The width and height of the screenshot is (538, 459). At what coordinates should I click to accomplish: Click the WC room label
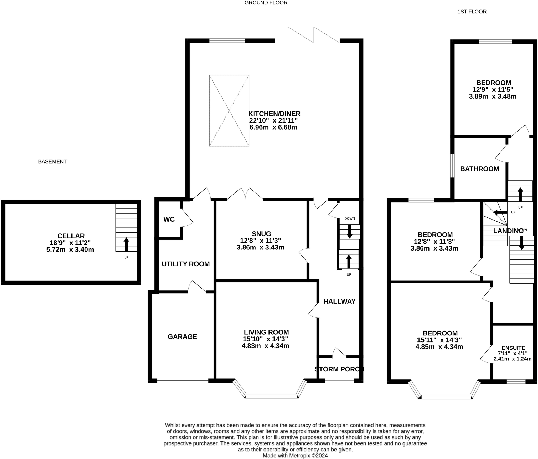pyautogui.click(x=169, y=219)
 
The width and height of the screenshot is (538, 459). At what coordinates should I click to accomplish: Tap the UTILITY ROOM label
pyautogui.click(x=186, y=264)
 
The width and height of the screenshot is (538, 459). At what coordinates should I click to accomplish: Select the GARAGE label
pyautogui.click(x=182, y=337)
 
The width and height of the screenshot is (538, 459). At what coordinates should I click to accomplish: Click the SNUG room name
pyautogui.click(x=261, y=234)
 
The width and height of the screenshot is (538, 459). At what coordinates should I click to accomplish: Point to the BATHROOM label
pyautogui.click(x=480, y=169)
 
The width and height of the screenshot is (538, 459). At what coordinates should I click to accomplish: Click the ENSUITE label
pyautogui.click(x=513, y=348)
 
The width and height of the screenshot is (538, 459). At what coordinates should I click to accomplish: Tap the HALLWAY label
pyautogui.click(x=339, y=301)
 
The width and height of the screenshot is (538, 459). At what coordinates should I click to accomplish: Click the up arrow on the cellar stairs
pyautogui.click(x=126, y=244)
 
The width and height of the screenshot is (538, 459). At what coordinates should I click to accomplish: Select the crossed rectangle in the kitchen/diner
pyautogui.click(x=229, y=110)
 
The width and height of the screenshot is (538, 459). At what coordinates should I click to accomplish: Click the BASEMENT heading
pyautogui.click(x=53, y=161)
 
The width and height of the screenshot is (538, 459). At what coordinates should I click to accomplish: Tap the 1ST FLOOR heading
pyautogui.click(x=472, y=12)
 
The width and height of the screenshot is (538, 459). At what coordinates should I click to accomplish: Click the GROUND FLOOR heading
pyautogui.click(x=266, y=3)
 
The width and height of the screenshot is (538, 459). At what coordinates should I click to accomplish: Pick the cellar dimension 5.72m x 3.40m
pyautogui.click(x=70, y=249)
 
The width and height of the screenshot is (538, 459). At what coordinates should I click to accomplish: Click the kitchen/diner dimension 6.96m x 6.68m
pyautogui.click(x=273, y=127)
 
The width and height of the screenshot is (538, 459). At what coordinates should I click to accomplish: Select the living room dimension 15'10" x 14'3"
pyautogui.click(x=266, y=339)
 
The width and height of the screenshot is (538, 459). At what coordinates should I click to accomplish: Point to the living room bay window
pyautogui.click(x=271, y=396)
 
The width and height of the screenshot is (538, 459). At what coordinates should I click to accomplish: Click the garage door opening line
pyautogui.click(x=183, y=380)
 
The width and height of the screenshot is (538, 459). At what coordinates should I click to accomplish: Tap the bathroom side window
pyautogui.click(x=452, y=166)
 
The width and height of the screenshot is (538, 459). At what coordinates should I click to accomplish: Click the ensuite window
pyautogui.click(x=516, y=381)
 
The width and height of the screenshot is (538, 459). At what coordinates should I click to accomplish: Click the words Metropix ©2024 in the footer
pyautogui.click(x=308, y=456)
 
